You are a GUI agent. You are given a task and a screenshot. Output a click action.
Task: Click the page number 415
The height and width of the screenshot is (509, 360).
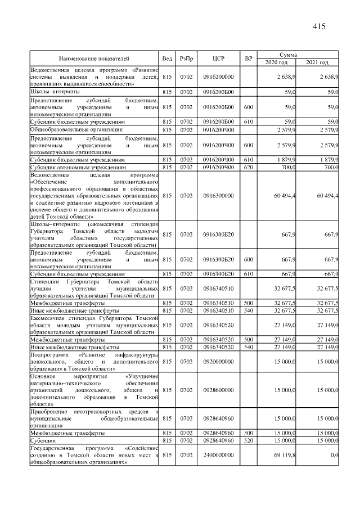click(x=319, y=26)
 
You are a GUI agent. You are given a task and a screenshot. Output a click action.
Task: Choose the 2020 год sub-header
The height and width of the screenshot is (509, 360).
click(x=276, y=62)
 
